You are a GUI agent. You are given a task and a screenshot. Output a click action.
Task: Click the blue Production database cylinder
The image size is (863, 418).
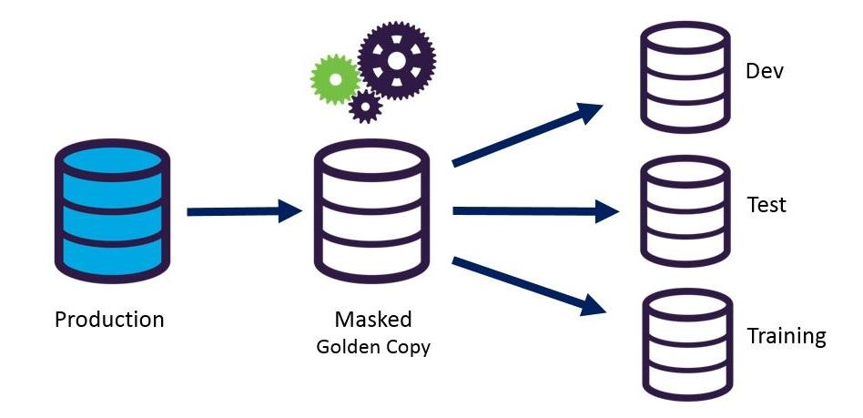click(110, 209)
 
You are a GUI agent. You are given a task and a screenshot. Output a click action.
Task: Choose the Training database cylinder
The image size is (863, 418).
click(685, 342)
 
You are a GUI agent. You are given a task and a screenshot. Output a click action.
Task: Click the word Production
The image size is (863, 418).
click(109, 320)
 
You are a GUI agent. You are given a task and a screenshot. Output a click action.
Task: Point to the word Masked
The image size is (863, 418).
click(373, 320)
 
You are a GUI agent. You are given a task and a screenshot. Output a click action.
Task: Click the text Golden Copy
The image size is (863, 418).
click(373, 347)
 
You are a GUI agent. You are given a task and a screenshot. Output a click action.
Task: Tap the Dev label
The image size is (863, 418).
click(765, 70)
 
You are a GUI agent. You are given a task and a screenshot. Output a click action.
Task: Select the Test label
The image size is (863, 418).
click(766, 204)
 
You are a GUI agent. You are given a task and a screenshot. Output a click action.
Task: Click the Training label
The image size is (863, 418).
click(787, 336)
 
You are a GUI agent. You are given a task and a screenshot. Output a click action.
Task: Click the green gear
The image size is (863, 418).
click(335, 80)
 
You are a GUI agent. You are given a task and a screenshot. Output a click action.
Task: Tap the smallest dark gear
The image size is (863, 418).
click(366, 107)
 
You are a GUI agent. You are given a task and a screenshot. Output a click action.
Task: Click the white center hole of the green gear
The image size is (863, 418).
click(335, 80)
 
